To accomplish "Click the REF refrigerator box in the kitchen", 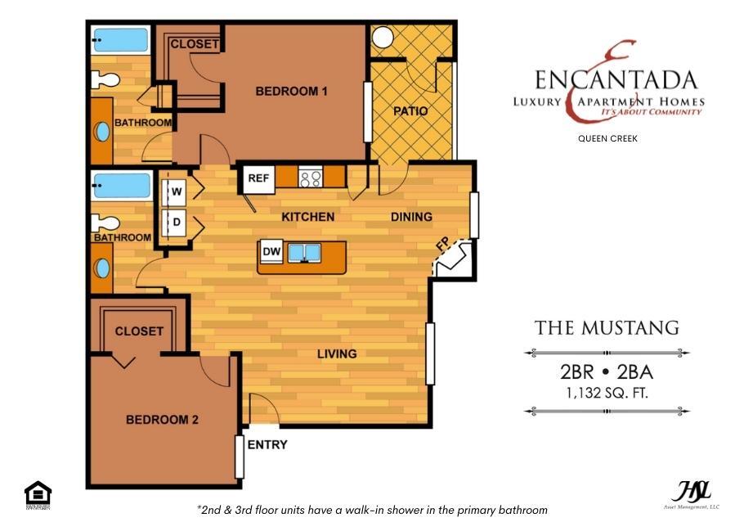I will click(x=258, y=178).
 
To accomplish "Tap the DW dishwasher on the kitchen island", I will click(x=272, y=252).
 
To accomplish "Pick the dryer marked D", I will click(x=176, y=222).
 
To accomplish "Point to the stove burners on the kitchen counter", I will click(x=311, y=177).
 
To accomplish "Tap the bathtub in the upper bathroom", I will click(x=121, y=40).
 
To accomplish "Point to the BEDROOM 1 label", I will click(x=291, y=92).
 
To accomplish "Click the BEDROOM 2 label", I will click(x=162, y=420).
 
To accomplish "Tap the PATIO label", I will click(x=410, y=110).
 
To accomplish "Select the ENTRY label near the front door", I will click(x=267, y=445).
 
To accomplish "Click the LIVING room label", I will click(x=337, y=354).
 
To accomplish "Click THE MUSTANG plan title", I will click(x=607, y=328).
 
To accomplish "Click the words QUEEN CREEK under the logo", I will click(x=607, y=138).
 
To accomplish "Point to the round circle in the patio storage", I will click(x=382, y=37).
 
